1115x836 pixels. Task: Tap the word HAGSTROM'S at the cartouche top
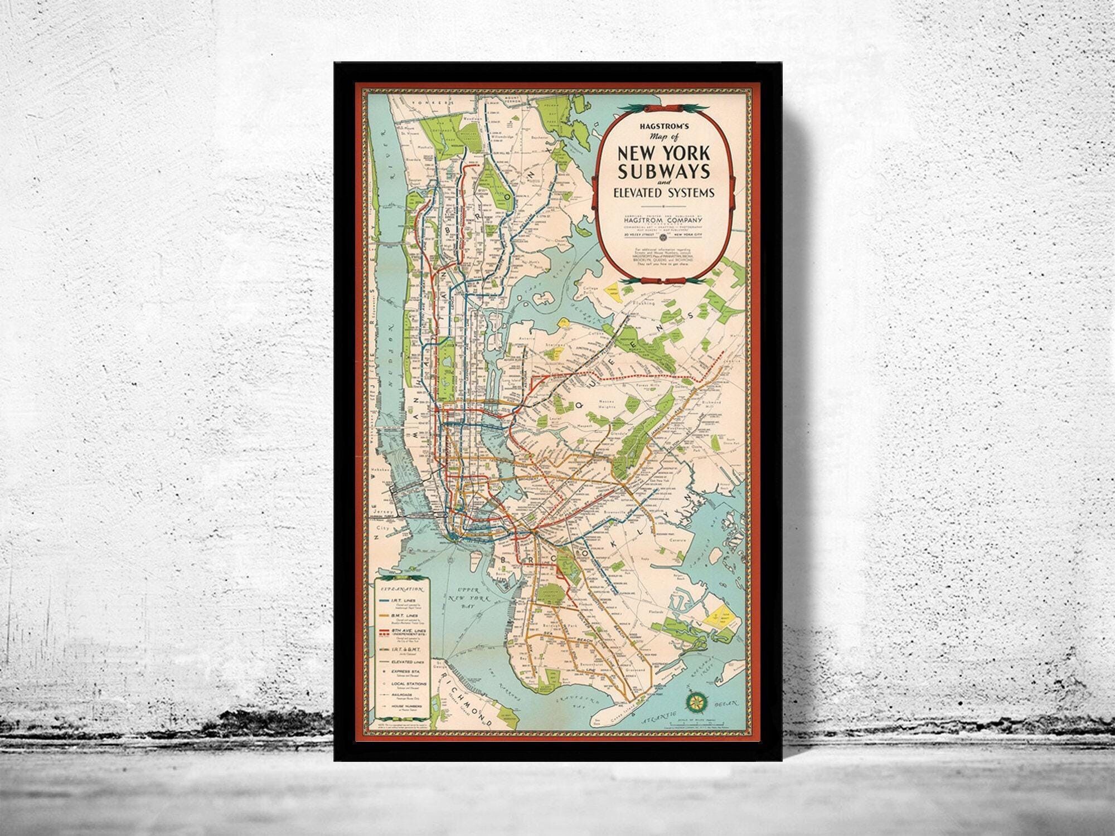(667, 127)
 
